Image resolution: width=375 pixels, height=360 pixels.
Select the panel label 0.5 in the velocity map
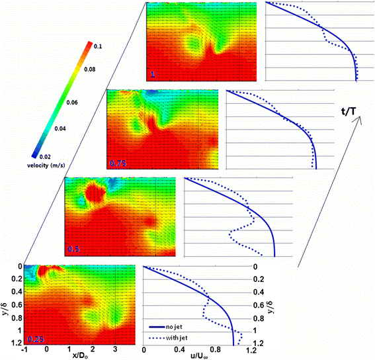(73, 249)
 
